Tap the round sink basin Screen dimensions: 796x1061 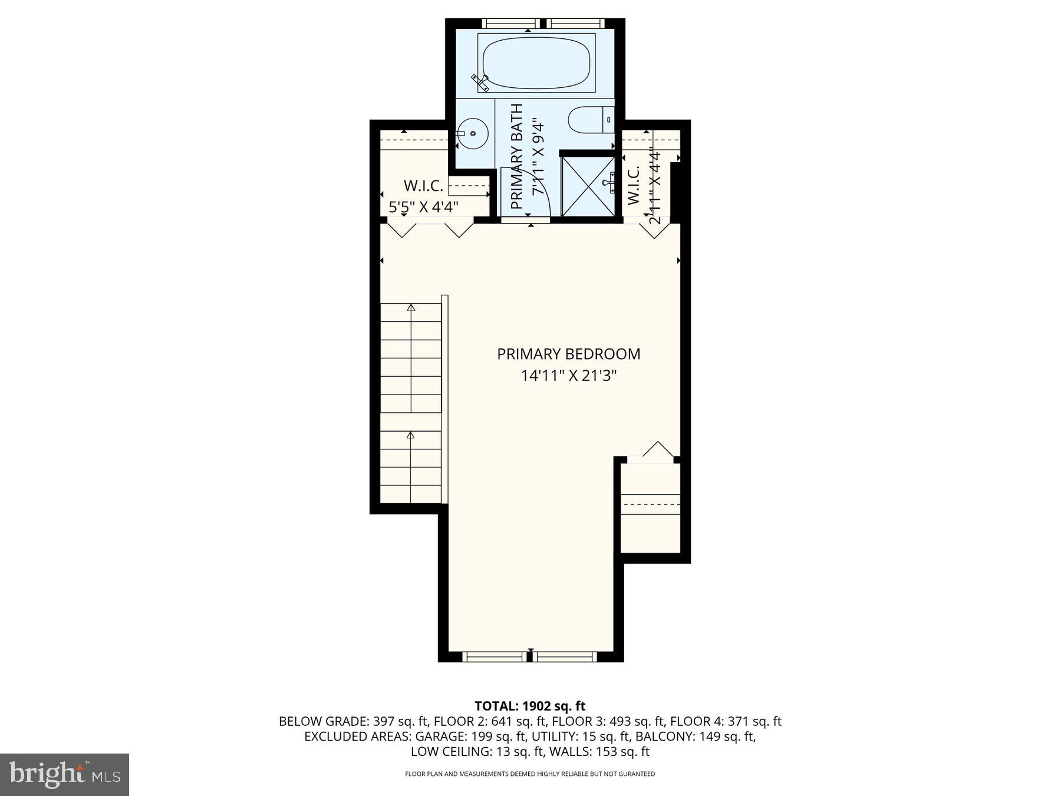tap(473, 134)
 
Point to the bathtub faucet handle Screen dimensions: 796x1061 tap(480, 82)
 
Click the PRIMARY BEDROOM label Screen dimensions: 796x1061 tap(568, 354)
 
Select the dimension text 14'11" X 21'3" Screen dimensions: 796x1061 tap(568, 376)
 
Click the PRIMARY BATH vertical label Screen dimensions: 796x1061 tap(517, 156)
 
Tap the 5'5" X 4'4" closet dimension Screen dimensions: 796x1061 tap(424, 207)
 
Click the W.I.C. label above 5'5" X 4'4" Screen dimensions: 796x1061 tap(423, 186)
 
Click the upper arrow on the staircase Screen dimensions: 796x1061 tap(411, 308)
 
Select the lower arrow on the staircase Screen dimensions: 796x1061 tap(411, 436)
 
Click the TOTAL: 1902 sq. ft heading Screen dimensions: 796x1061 tap(530, 706)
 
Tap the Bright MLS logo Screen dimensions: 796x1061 tap(64, 774)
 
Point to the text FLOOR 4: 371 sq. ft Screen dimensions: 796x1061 tap(726, 721)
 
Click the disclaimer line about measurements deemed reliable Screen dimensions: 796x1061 tap(530, 774)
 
